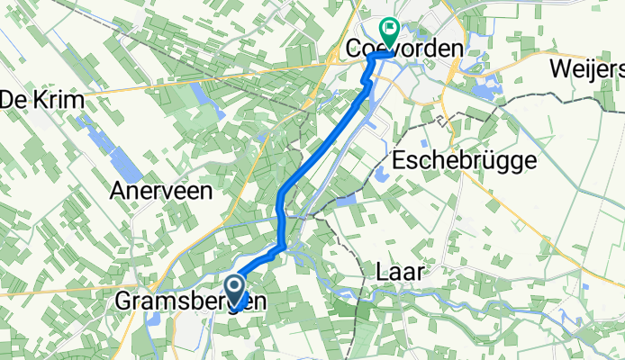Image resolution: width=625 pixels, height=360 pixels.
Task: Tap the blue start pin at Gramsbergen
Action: pyautogui.click(x=237, y=290)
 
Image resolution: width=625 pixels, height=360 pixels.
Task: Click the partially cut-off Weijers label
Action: pyautogui.click(x=590, y=68)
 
